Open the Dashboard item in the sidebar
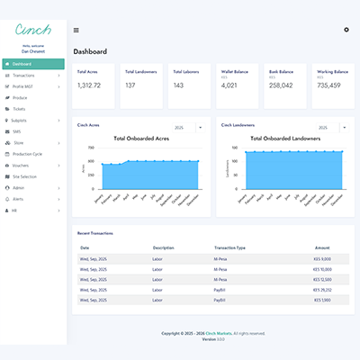[22, 64]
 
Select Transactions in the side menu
[24, 76]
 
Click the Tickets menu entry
[19, 108]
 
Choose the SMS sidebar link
[17, 130]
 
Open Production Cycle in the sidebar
[28, 153]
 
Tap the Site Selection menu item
[24, 175]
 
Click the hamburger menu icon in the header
[76, 30]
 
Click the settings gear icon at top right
[346, 30]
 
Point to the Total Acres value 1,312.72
[89, 85]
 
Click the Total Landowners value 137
[130, 85]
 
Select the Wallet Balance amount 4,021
[229, 85]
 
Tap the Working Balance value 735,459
[328, 85]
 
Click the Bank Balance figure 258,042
[281, 85]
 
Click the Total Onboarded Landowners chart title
[281, 139]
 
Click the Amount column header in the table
[321, 247]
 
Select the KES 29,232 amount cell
[319, 291]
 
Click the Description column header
[163, 247]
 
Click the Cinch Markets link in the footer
[215, 333]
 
